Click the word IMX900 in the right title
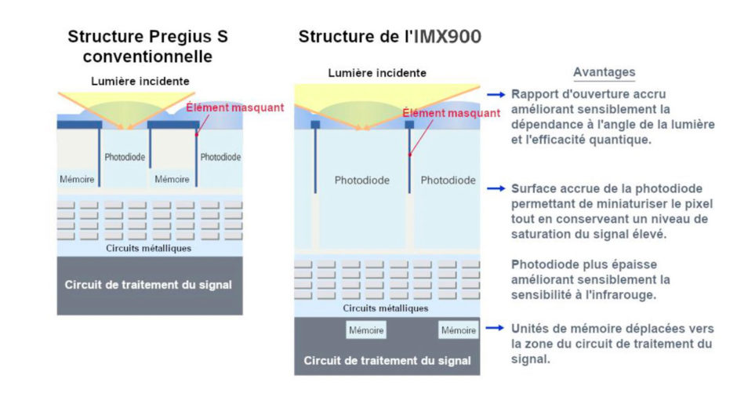(x=441, y=37)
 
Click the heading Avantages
(x=604, y=72)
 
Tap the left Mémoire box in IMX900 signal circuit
(x=366, y=330)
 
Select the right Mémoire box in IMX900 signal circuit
(x=459, y=330)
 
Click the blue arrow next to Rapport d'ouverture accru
(x=495, y=93)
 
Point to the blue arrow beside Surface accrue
(x=495, y=188)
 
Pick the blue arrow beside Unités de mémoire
(x=495, y=328)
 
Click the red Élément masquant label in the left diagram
(x=234, y=107)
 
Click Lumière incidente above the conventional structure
(x=140, y=81)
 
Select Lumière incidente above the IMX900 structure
(x=377, y=73)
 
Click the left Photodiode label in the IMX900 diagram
(x=361, y=180)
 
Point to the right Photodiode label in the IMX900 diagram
(x=448, y=180)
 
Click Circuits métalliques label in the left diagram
(x=148, y=248)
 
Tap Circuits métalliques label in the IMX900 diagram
(x=387, y=308)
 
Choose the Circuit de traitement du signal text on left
(x=148, y=285)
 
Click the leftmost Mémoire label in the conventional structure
(x=77, y=179)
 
